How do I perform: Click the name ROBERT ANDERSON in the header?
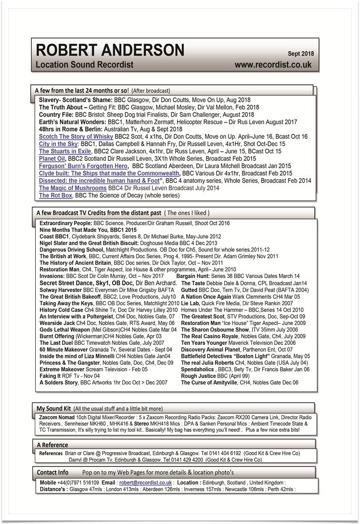(110, 50)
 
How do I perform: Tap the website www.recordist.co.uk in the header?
(273, 65)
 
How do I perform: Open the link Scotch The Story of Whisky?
(76, 136)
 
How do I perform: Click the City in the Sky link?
(58, 144)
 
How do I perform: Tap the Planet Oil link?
(52, 159)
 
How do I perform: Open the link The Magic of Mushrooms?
(72, 189)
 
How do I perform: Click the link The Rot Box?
(56, 196)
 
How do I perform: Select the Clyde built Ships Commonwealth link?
(109, 174)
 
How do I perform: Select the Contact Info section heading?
(53, 472)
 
